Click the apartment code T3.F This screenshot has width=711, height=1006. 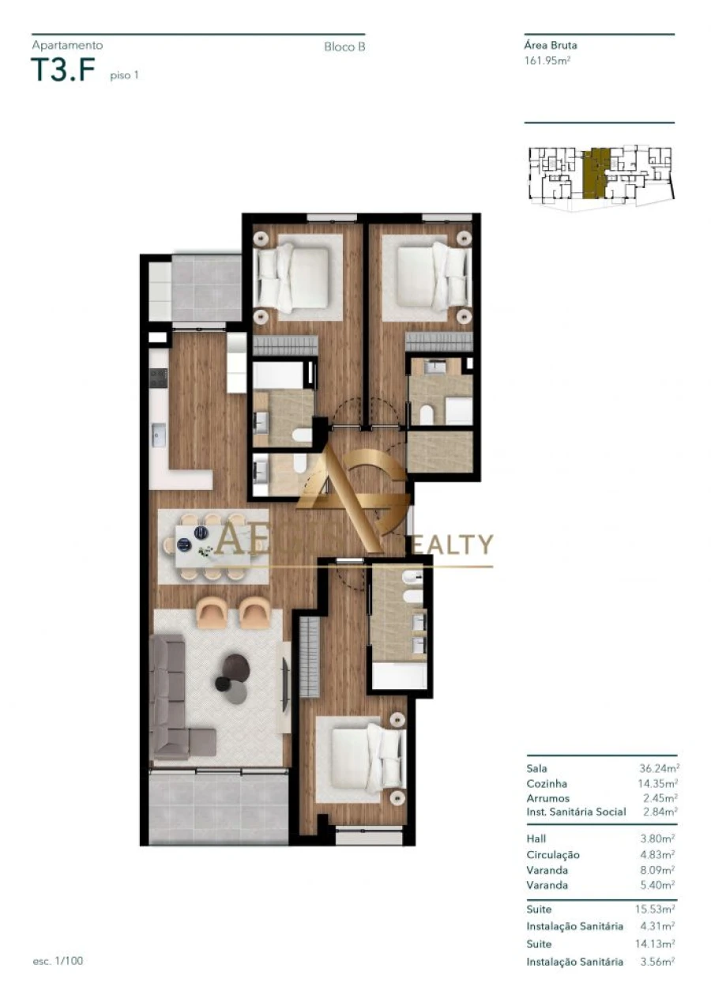pyautogui.click(x=62, y=71)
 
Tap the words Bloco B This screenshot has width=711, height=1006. pyautogui.click(x=344, y=47)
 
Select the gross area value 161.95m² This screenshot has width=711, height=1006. pyautogui.click(x=547, y=59)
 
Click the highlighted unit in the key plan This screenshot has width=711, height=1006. pyautogui.click(x=596, y=171)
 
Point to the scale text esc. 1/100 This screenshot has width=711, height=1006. pyautogui.click(x=58, y=961)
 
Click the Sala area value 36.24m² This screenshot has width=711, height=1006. pyautogui.click(x=659, y=767)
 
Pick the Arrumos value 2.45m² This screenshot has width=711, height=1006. pyautogui.click(x=661, y=797)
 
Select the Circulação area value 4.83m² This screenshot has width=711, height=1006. pyautogui.click(x=659, y=854)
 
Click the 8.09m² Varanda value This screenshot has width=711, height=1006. pyautogui.click(x=659, y=870)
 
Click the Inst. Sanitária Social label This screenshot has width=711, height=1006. pyautogui.click(x=576, y=812)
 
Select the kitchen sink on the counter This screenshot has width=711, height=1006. pyautogui.click(x=159, y=435)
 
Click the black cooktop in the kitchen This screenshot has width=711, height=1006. pyautogui.click(x=157, y=378)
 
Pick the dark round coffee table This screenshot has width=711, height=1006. pyautogui.click(x=235, y=669)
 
